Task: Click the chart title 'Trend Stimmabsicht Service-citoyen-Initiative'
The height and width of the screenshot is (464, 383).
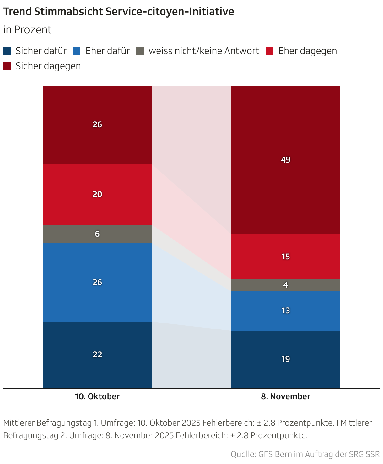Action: (x=118, y=12)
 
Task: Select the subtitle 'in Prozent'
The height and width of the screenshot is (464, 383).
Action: (x=27, y=30)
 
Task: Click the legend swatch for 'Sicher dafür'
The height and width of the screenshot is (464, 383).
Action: (x=7, y=51)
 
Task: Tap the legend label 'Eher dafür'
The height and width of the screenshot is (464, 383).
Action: (x=107, y=51)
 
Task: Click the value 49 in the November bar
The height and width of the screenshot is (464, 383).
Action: (x=285, y=160)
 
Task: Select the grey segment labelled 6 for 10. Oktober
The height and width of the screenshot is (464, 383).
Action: (x=97, y=234)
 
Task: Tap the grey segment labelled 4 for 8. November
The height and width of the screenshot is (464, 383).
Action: (x=285, y=285)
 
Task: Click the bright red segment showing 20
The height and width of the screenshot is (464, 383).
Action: (x=97, y=194)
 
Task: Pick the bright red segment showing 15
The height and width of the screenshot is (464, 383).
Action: (x=285, y=257)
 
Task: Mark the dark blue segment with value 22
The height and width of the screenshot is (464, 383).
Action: (x=97, y=355)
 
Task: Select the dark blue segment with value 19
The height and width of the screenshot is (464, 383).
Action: (x=285, y=359)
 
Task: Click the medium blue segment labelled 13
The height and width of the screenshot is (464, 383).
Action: (x=285, y=311)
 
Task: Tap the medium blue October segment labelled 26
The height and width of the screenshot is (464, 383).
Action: (x=97, y=282)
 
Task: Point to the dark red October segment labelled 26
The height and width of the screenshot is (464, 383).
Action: (x=97, y=125)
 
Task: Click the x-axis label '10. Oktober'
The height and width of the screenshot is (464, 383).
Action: (x=97, y=396)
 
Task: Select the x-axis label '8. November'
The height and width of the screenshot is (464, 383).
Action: (x=285, y=396)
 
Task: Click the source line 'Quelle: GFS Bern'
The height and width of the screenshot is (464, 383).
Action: (x=305, y=454)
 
